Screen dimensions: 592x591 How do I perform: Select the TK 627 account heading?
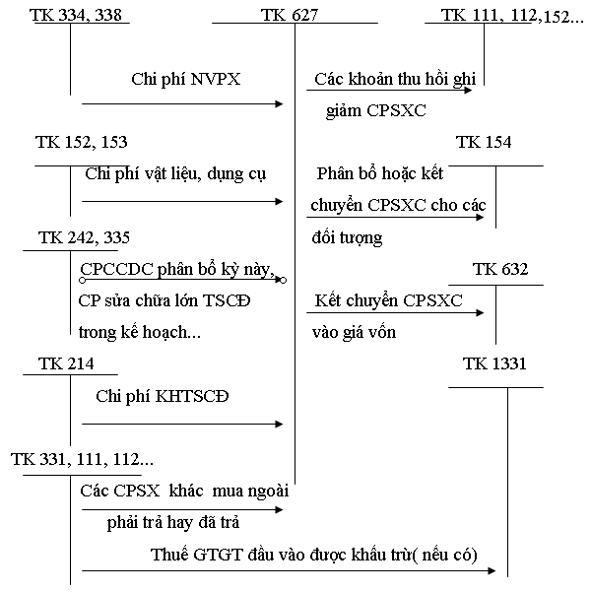(294, 15)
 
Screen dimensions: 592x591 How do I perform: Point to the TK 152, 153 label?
(81, 143)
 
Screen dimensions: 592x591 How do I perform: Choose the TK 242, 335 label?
(83, 237)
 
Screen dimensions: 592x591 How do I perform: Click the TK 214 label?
(66, 364)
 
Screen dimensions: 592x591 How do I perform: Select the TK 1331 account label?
(494, 364)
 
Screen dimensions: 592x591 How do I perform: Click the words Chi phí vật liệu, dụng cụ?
(177, 174)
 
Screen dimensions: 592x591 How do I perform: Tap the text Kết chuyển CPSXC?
(374, 300)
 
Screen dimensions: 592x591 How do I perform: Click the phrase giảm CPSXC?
(376, 110)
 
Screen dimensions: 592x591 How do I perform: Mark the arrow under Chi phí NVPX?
(182, 101)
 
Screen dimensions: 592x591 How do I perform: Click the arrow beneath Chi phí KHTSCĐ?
(182, 425)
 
